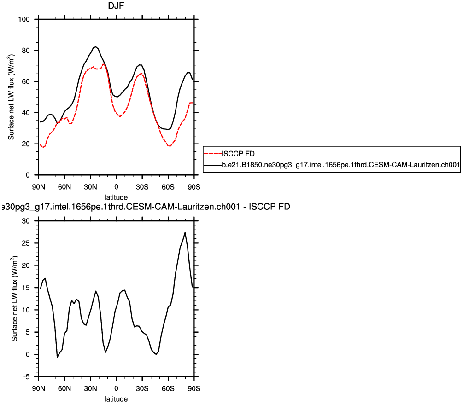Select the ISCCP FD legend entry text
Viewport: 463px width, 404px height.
238,154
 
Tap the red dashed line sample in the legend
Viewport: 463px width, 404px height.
213,154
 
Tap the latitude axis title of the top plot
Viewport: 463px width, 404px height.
116,197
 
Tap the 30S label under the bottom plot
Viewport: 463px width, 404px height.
142,387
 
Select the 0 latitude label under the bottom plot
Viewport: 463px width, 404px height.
117,387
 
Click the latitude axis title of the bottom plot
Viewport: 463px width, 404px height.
116,399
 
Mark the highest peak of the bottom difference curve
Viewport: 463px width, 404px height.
185,232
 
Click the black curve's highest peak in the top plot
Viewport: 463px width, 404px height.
95,47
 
